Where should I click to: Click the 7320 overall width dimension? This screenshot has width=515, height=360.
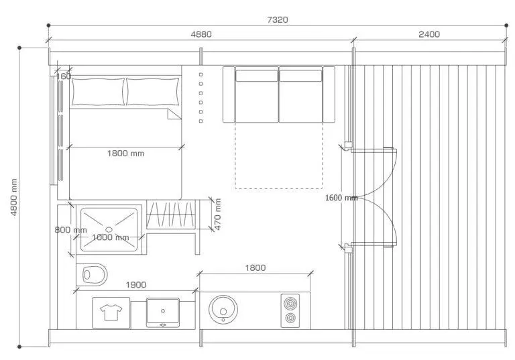point(278,19)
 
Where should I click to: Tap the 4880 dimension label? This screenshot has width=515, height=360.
point(201,34)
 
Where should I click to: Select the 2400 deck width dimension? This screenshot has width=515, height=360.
point(429,34)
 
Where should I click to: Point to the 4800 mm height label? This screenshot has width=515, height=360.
point(14,197)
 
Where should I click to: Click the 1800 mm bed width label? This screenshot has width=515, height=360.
point(125,154)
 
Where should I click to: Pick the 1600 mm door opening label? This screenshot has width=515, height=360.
point(341,198)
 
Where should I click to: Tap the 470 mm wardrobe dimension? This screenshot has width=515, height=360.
point(217,214)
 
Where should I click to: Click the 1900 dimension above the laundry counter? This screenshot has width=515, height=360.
point(136,285)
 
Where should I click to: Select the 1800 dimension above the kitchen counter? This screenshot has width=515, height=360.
point(255,267)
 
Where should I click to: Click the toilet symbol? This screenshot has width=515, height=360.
point(92,274)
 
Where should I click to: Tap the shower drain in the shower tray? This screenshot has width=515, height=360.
point(109,229)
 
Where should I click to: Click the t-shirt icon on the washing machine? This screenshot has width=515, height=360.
point(111,312)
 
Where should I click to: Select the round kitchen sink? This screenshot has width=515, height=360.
point(223,309)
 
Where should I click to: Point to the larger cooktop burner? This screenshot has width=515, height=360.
point(290,304)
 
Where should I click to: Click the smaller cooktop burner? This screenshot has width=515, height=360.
point(290,318)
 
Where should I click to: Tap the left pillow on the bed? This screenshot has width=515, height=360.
point(98,92)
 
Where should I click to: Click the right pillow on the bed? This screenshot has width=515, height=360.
point(153,92)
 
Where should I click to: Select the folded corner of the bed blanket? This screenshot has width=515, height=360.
point(174,114)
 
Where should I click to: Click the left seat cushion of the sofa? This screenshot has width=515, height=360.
point(257,96)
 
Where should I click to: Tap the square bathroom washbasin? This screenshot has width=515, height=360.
point(163,312)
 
